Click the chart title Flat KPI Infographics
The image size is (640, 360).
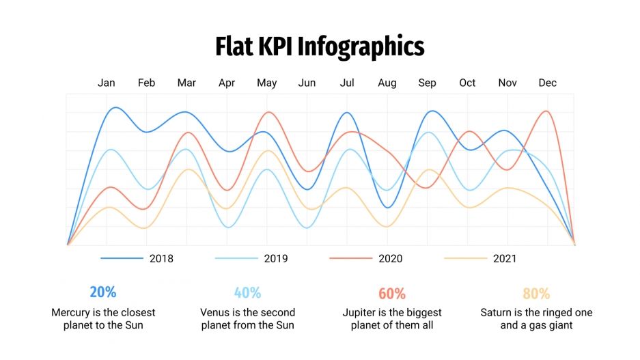click(x=320, y=46)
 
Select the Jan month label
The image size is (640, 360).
click(x=106, y=83)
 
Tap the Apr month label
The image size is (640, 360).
click(x=227, y=83)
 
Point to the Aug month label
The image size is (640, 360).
click(x=387, y=83)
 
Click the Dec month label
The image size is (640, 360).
click(x=547, y=83)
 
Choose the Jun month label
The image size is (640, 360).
click(x=307, y=83)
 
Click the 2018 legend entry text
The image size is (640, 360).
click(x=161, y=258)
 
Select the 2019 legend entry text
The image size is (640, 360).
click(x=276, y=258)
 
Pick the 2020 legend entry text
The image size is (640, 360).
click(x=391, y=258)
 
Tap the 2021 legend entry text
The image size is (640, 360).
click(x=505, y=258)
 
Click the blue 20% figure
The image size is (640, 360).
click(x=103, y=292)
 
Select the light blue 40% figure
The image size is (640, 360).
click(x=247, y=293)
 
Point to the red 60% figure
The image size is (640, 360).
click(x=392, y=294)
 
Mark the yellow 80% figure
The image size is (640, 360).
click(x=536, y=294)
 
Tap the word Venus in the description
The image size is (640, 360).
click(x=214, y=312)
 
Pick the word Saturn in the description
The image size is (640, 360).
click(x=497, y=312)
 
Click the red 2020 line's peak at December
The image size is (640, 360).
click(x=546, y=111)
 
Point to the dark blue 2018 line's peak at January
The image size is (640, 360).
click(x=116, y=107)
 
